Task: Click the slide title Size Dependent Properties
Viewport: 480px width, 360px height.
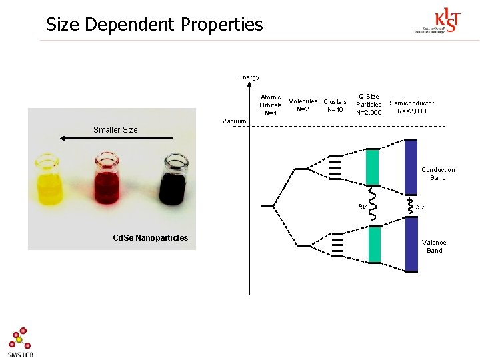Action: [154, 25]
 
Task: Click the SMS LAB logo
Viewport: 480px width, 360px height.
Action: [21, 342]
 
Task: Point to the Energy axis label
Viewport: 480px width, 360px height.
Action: [249, 77]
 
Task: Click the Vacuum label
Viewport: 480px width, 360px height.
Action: [234, 121]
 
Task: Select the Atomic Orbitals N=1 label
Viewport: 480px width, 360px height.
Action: [271, 105]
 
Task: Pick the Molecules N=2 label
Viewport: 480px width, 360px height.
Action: [303, 105]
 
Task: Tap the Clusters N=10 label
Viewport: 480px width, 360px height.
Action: [335, 105]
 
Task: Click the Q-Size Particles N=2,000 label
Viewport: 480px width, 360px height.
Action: [369, 105]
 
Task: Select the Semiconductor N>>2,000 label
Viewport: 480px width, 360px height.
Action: [411, 107]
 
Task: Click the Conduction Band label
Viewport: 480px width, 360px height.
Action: [438, 173]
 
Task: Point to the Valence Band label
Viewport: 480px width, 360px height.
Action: [434, 246]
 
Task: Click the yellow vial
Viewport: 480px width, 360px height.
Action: [49, 180]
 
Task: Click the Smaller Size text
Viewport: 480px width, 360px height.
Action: [115, 129]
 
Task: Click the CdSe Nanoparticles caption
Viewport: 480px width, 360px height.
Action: [151, 238]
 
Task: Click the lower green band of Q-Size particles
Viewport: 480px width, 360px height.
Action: [373, 245]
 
